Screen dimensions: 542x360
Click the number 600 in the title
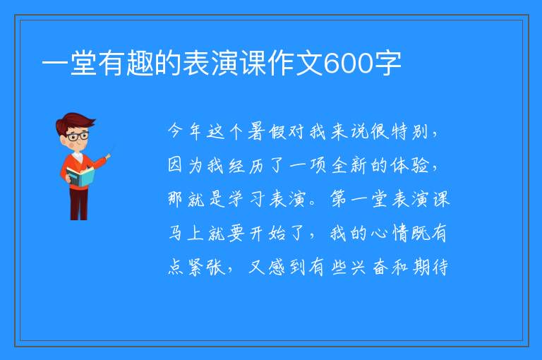point(349,64)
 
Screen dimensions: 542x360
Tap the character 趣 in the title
point(140,64)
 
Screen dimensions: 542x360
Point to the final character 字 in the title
point(387,64)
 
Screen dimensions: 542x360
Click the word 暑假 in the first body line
point(267,131)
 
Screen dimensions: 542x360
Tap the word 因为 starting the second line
point(185,165)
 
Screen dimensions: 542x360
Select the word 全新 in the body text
point(349,165)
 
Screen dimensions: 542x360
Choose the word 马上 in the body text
point(186,232)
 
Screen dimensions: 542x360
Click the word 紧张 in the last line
point(206,267)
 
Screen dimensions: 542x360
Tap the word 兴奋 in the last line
point(369,267)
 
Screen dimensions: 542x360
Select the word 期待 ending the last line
point(430,267)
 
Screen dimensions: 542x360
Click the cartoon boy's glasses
point(78,136)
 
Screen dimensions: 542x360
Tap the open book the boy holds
point(80,177)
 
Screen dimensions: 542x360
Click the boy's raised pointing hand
point(108,156)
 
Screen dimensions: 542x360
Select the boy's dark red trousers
point(78,204)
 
